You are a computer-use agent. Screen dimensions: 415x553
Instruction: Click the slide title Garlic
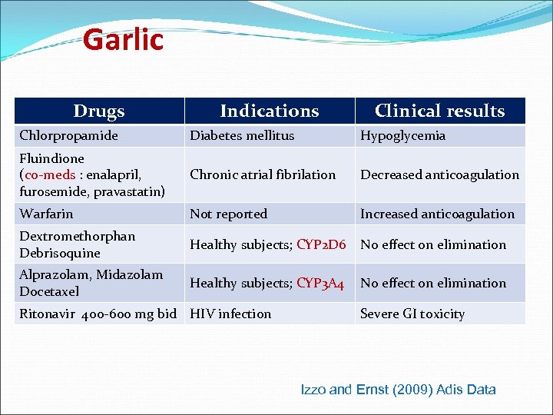point(123,39)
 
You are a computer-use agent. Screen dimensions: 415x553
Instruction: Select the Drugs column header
point(99,111)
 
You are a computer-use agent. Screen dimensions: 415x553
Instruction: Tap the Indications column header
point(269,111)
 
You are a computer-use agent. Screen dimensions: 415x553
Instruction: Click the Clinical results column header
point(439,111)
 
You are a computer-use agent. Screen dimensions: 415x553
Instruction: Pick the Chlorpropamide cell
point(69,136)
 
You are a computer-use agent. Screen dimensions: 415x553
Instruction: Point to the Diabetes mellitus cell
point(242,136)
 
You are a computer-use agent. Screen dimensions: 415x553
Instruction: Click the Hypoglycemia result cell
point(403,136)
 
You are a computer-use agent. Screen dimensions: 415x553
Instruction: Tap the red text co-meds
point(50,174)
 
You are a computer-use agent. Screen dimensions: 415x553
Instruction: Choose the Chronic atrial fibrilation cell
point(263,174)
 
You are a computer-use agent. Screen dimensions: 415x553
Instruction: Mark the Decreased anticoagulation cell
point(440,174)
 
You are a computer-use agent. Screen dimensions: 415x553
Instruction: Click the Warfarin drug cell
point(47,214)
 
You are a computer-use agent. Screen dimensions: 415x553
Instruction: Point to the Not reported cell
point(229,214)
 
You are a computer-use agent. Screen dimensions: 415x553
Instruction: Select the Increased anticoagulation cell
point(438,214)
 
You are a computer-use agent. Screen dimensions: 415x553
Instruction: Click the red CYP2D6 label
point(321,244)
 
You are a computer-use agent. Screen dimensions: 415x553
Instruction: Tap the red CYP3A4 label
point(320,283)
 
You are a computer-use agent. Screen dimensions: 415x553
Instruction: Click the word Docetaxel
point(49,291)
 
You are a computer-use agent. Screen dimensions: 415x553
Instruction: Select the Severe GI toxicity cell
point(412,314)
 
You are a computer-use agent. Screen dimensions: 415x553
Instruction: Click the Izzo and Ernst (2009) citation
point(398,390)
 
